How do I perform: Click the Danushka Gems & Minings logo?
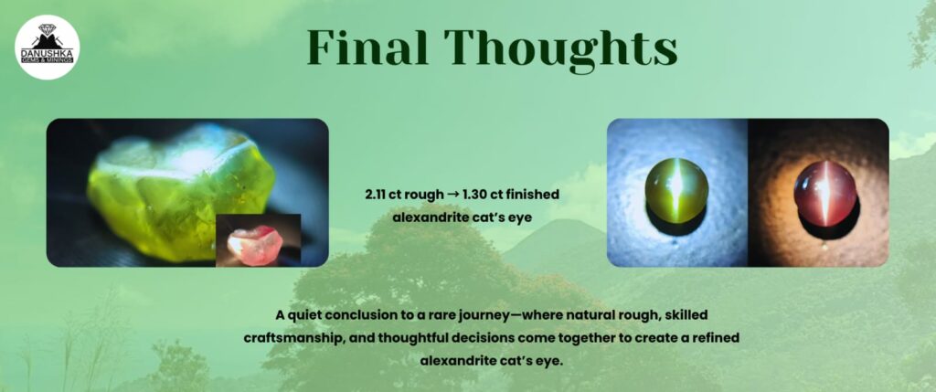pyautogui.click(x=48, y=48)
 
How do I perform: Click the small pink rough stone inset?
pyautogui.click(x=258, y=240)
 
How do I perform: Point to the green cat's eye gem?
pyautogui.click(x=677, y=192)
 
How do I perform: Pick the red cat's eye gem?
pyautogui.click(x=825, y=195)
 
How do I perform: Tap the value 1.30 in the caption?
pyautogui.click(x=474, y=196)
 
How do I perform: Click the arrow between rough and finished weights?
pyautogui.click(x=453, y=196)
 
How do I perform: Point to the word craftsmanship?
pyautogui.click(x=293, y=338)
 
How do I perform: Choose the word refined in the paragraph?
pyautogui.click(x=715, y=338)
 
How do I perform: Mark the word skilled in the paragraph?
pyautogui.click(x=686, y=313)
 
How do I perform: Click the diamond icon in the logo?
pyautogui.click(x=48, y=29)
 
